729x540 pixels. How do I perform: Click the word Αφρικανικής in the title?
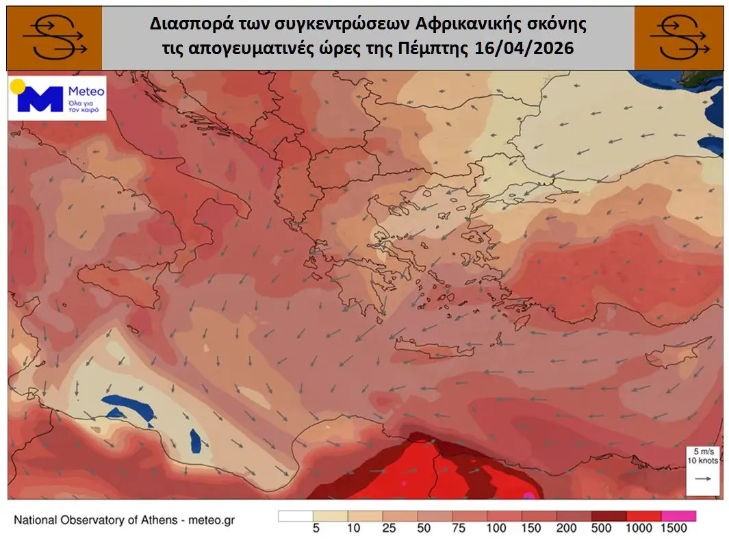point(460,25)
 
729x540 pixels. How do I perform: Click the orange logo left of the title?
point(54,38)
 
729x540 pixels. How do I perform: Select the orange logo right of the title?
point(678,38)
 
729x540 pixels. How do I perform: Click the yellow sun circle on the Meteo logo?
point(17,87)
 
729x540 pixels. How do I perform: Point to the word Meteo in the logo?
point(86,92)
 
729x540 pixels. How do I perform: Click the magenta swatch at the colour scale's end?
point(678,515)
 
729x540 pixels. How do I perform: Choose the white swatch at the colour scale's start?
point(295,515)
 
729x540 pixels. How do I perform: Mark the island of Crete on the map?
point(431,350)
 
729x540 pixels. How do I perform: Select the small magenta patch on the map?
point(528,494)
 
